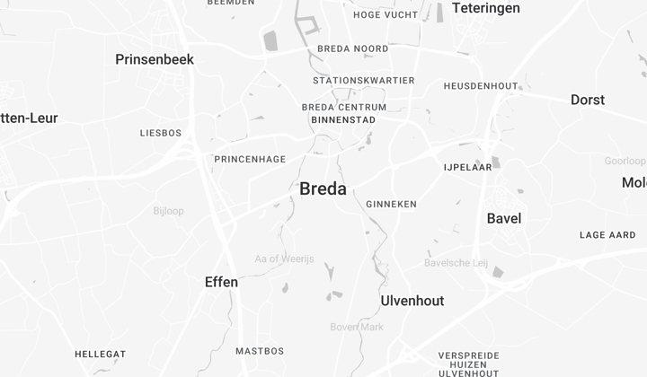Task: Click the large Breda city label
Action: click(x=323, y=188)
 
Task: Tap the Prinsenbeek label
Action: click(x=155, y=59)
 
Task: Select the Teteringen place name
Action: click(x=485, y=8)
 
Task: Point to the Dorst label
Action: click(x=588, y=100)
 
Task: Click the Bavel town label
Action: click(x=503, y=218)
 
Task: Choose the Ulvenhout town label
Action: click(x=412, y=301)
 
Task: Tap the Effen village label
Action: click(x=221, y=282)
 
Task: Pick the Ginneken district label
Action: click(x=391, y=205)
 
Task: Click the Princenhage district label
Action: click(x=250, y=160)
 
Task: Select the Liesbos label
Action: click(x=161, y=133)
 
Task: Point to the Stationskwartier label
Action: click(x=364, y=81)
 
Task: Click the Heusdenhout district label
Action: click(x=481, y=86)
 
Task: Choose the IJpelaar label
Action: click(x=467, y=167)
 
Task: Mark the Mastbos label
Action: click(x=260, y=351)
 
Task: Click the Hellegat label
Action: click(x=100, y=354)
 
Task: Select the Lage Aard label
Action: click(x=607, y=235)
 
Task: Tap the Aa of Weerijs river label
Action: click(x=285, y=259)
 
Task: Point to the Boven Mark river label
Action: click(x=357, y=327)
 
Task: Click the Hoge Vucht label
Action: click(x=386, y=15)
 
